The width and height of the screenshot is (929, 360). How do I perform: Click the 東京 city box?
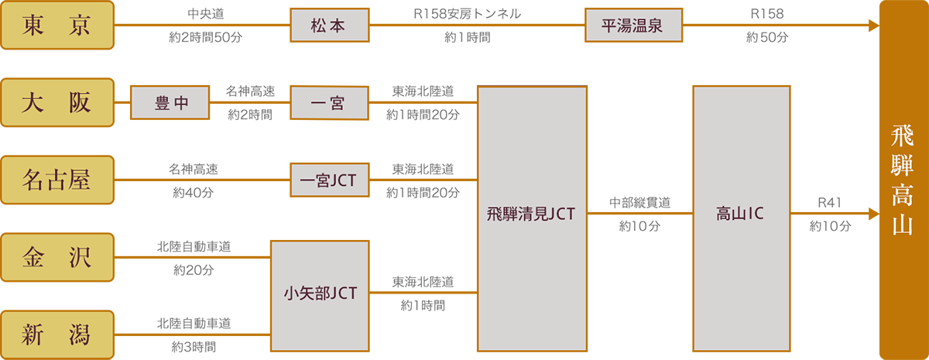57,25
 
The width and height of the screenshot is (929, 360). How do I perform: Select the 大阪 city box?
57,102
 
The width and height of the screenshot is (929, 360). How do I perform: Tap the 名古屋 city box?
57,180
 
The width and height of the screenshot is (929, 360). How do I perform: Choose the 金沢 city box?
57,257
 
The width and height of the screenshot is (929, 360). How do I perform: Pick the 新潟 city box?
57,334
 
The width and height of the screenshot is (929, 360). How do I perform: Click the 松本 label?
329,26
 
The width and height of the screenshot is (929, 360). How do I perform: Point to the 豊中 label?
170,102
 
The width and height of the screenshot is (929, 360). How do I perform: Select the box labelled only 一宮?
329,102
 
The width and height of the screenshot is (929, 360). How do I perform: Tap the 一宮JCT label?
329,180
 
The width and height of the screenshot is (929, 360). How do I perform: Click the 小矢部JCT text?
320,295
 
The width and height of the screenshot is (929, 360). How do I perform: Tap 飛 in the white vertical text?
903,137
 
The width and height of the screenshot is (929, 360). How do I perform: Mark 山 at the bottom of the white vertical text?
903,225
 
